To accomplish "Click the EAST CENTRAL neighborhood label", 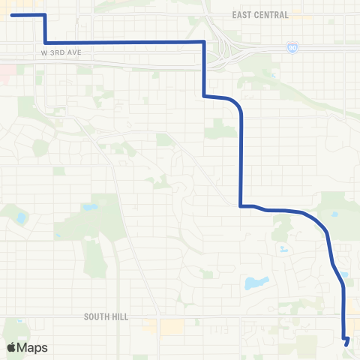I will (x=260, y=15).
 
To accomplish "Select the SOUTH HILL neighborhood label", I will (x=106, y=317).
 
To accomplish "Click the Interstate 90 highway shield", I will (x=292, y=47).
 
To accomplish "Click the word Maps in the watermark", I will (x=33, y=347).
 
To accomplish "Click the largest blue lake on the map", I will (x=256, y=283).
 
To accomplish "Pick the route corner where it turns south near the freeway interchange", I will (x=203, y=42).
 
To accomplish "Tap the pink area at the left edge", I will (x=4, y=73).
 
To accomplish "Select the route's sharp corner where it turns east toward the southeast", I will (x=240, y=205).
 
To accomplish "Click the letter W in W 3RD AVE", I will (x=44, y=54).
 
